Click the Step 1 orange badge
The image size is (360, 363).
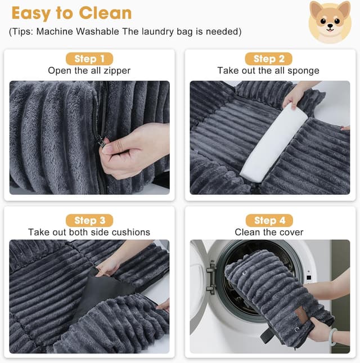pos(89,59)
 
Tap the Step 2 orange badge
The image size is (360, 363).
pos(269,59)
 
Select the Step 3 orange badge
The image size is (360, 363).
pos(89,220)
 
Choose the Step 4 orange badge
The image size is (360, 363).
pos(269,220)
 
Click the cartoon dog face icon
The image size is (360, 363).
pos(330,22)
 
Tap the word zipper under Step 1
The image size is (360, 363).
pos(118,71)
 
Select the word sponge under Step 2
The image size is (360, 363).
pos(304,71)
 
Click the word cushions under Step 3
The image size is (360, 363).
pos(131,232)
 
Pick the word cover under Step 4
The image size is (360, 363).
pos(291,232)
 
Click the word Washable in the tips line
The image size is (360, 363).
pos(105,32)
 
